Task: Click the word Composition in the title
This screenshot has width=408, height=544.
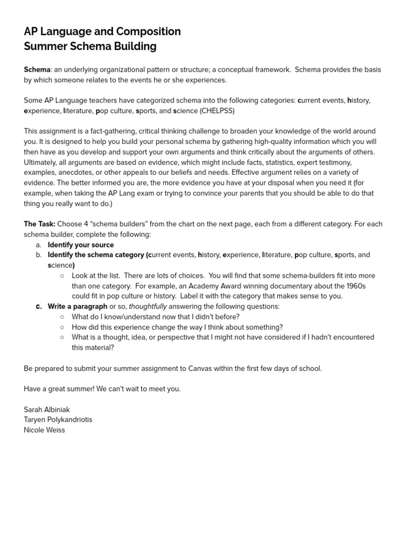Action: (x=150, y=31)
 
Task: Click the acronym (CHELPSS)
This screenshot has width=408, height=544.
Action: (x=217, y=110)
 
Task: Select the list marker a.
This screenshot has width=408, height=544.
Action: (x=38, y=245)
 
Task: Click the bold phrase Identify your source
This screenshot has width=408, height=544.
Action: (x=81, y=245)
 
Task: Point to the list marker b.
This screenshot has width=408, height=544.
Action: (x=38, y=255)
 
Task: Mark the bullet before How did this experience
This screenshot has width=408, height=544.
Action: (x=62, y=327)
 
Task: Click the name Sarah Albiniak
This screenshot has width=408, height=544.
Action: (x=47, y=410)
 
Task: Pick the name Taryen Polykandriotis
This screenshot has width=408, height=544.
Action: (x=58, y=420)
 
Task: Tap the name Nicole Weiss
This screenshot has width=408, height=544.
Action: (x=44, y=430)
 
